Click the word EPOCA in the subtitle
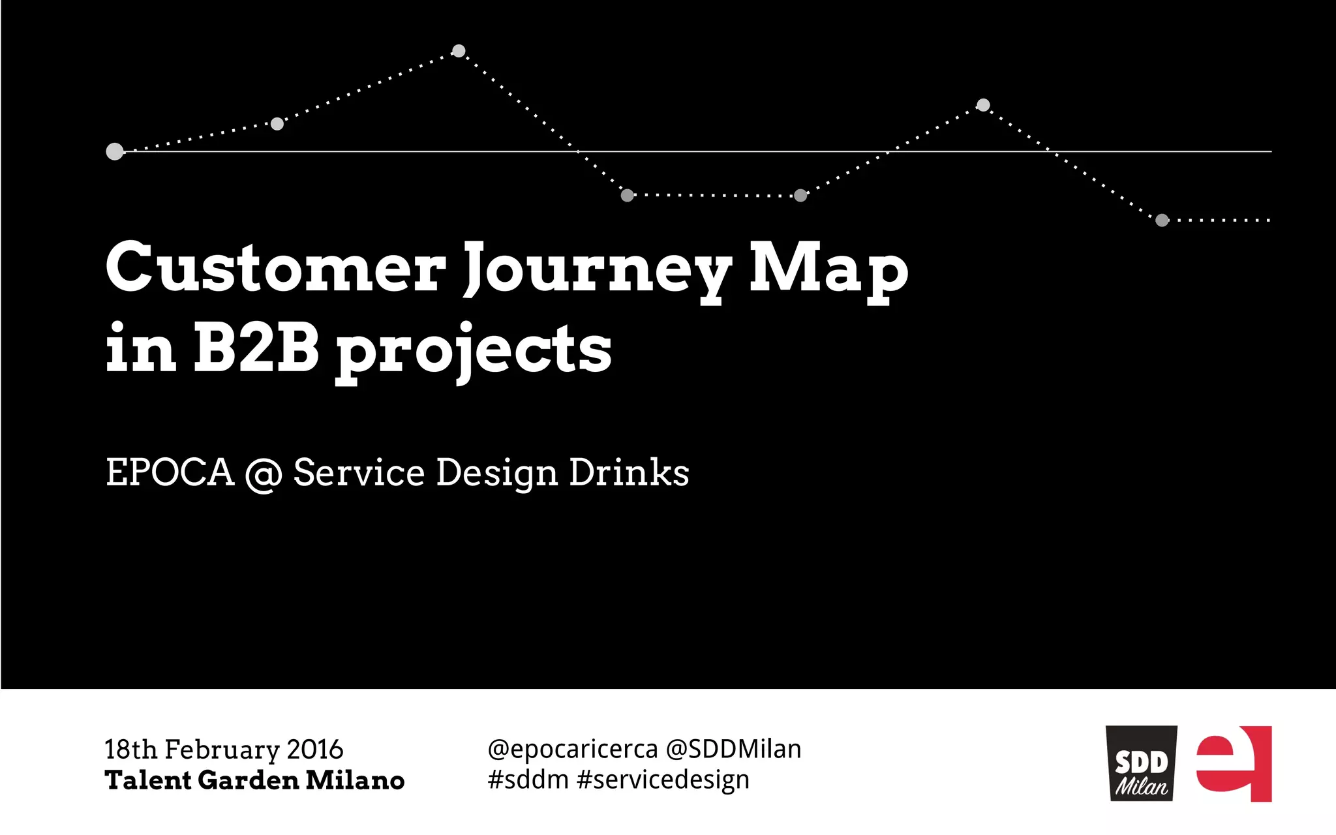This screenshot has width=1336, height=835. (170, 472)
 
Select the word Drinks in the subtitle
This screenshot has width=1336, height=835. (629, 472)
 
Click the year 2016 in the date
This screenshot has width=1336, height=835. (315, 750)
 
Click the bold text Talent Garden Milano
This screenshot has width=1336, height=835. (254, 780)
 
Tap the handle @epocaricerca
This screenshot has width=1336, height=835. (573, 750)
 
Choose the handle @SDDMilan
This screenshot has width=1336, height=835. (733, 749)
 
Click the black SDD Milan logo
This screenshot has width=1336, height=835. (1141, 764)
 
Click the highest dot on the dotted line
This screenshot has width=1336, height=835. (459, 51)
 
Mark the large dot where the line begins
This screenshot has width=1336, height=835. (115, 151)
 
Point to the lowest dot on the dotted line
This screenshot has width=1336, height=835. (1162, 220)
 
